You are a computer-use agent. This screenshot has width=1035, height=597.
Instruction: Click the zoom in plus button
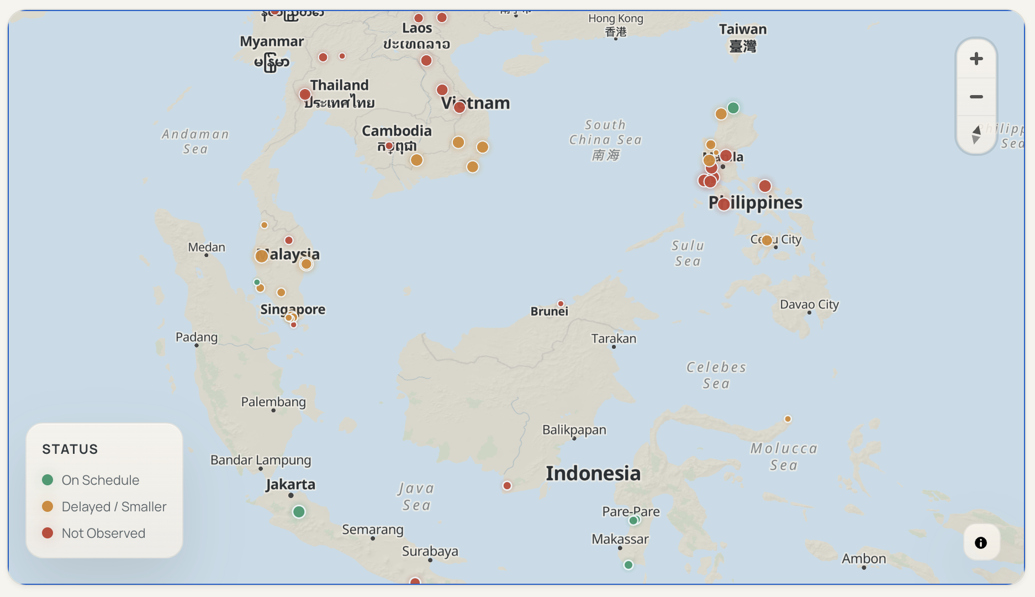point(976,59)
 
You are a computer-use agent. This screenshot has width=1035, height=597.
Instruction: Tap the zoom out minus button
point(976,97)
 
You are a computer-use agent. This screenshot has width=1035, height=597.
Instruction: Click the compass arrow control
point(976,134)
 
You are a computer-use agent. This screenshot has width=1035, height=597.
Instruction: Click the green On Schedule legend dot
point(47,480)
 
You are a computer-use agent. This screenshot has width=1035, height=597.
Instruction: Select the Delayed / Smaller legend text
point(114,506)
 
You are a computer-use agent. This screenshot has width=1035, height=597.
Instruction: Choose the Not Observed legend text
point(103,533)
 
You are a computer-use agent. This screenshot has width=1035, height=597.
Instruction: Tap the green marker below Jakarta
point(299,512)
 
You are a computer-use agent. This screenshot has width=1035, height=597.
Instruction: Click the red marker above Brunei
point(561,303)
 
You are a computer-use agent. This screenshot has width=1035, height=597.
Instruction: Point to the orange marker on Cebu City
point(767,240)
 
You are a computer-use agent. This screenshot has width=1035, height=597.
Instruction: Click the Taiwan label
point(742,29)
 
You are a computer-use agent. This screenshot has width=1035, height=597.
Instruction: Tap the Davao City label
point(809,305)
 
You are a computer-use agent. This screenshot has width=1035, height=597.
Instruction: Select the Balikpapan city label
point(574,430)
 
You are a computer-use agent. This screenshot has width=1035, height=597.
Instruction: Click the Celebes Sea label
point(716,375)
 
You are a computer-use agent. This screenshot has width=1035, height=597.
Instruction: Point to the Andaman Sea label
point(196,141)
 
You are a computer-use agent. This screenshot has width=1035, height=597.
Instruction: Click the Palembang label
point(273,402)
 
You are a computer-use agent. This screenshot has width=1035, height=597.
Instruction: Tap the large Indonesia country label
point(593,473)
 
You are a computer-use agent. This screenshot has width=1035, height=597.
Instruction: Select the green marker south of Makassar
point(628,565)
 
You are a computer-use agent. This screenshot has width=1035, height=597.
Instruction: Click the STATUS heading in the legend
point(70,449)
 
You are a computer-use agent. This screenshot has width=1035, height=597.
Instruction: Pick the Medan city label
point(207,247)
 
